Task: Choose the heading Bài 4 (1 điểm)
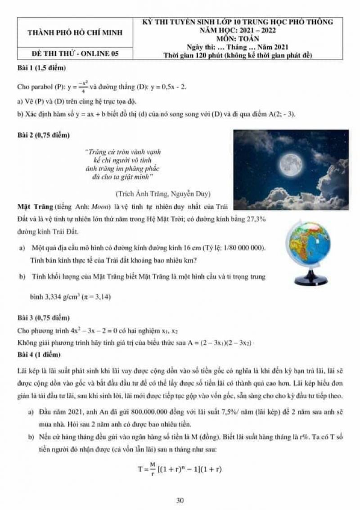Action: pyautogui.click(x=39, y=355)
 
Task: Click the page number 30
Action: pyautogui.click(x=180, y=500)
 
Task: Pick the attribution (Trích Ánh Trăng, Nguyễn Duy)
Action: pyautogui.click(x=163, y=194)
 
